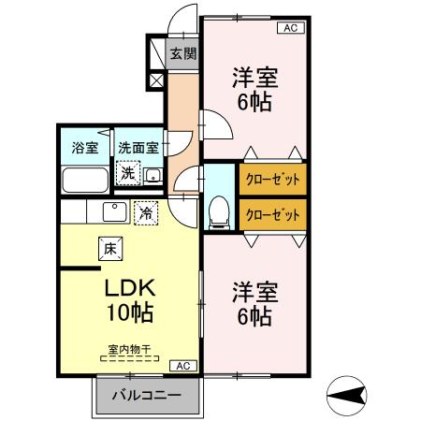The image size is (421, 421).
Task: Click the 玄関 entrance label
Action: tap(182, 54)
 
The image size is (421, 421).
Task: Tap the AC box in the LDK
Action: tap(183, 366)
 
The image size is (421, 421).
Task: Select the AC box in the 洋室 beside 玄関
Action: tap(290, 29)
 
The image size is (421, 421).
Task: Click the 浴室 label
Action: tap(85, 147)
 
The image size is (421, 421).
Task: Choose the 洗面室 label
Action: tap(138, 147)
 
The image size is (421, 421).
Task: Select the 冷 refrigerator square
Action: tap(145, 213)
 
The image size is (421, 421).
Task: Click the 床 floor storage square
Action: tap(109, 249)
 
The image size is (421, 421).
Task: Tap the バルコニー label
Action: tap(148, 396)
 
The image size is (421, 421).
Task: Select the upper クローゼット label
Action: tap(272, 179)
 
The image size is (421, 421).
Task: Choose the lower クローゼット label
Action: tap(272, 214)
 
